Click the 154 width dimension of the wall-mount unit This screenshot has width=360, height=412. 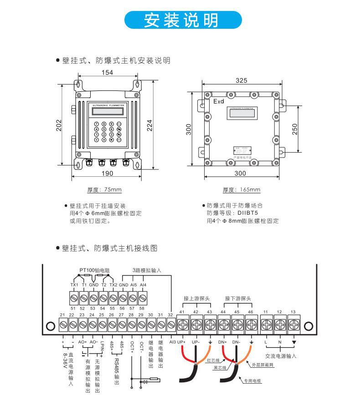point(108,73)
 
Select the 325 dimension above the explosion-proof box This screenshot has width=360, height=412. point(242,80)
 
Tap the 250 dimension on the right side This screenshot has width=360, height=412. point(295,128)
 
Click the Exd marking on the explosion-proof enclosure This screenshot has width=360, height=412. point(219,101)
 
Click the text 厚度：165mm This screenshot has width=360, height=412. point(241,190)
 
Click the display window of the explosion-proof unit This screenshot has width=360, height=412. point(241,114)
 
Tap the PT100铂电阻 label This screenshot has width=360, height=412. point(95,270)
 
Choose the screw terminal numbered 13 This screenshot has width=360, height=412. point(293,325)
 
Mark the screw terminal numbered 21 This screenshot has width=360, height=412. point(63,325)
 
